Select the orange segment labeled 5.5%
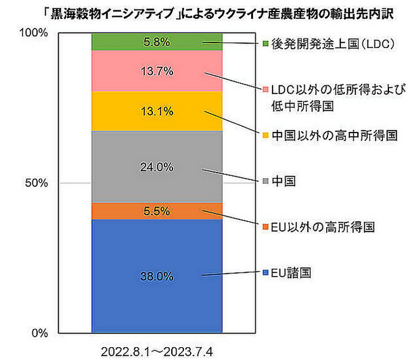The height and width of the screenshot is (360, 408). [122, 210]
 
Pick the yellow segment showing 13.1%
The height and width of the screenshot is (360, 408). [122, 111]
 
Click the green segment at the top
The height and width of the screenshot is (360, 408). [122, 42]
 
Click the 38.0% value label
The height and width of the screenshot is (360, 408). [157, 276]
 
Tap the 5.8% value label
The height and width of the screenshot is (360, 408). [157, 42]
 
